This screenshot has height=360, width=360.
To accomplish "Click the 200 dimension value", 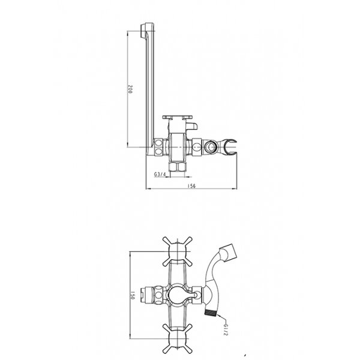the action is pyautogui.click(x=130, y=89).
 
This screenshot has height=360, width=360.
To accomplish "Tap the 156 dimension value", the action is pyautogui.click(x=191, y=186).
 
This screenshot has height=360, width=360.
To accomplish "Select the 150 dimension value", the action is pyautogui.click(x=132, y=295).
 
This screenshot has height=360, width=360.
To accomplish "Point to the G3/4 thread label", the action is pyautogui.click(x=160, y=175).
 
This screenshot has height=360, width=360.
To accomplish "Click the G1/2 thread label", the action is pyautogui.click(x=225, y=329).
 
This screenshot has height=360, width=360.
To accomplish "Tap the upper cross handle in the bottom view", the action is pyautogui.click(x=177, y=251).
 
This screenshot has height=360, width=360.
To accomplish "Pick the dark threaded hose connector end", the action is pyautogui.click(x=210, y=313).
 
